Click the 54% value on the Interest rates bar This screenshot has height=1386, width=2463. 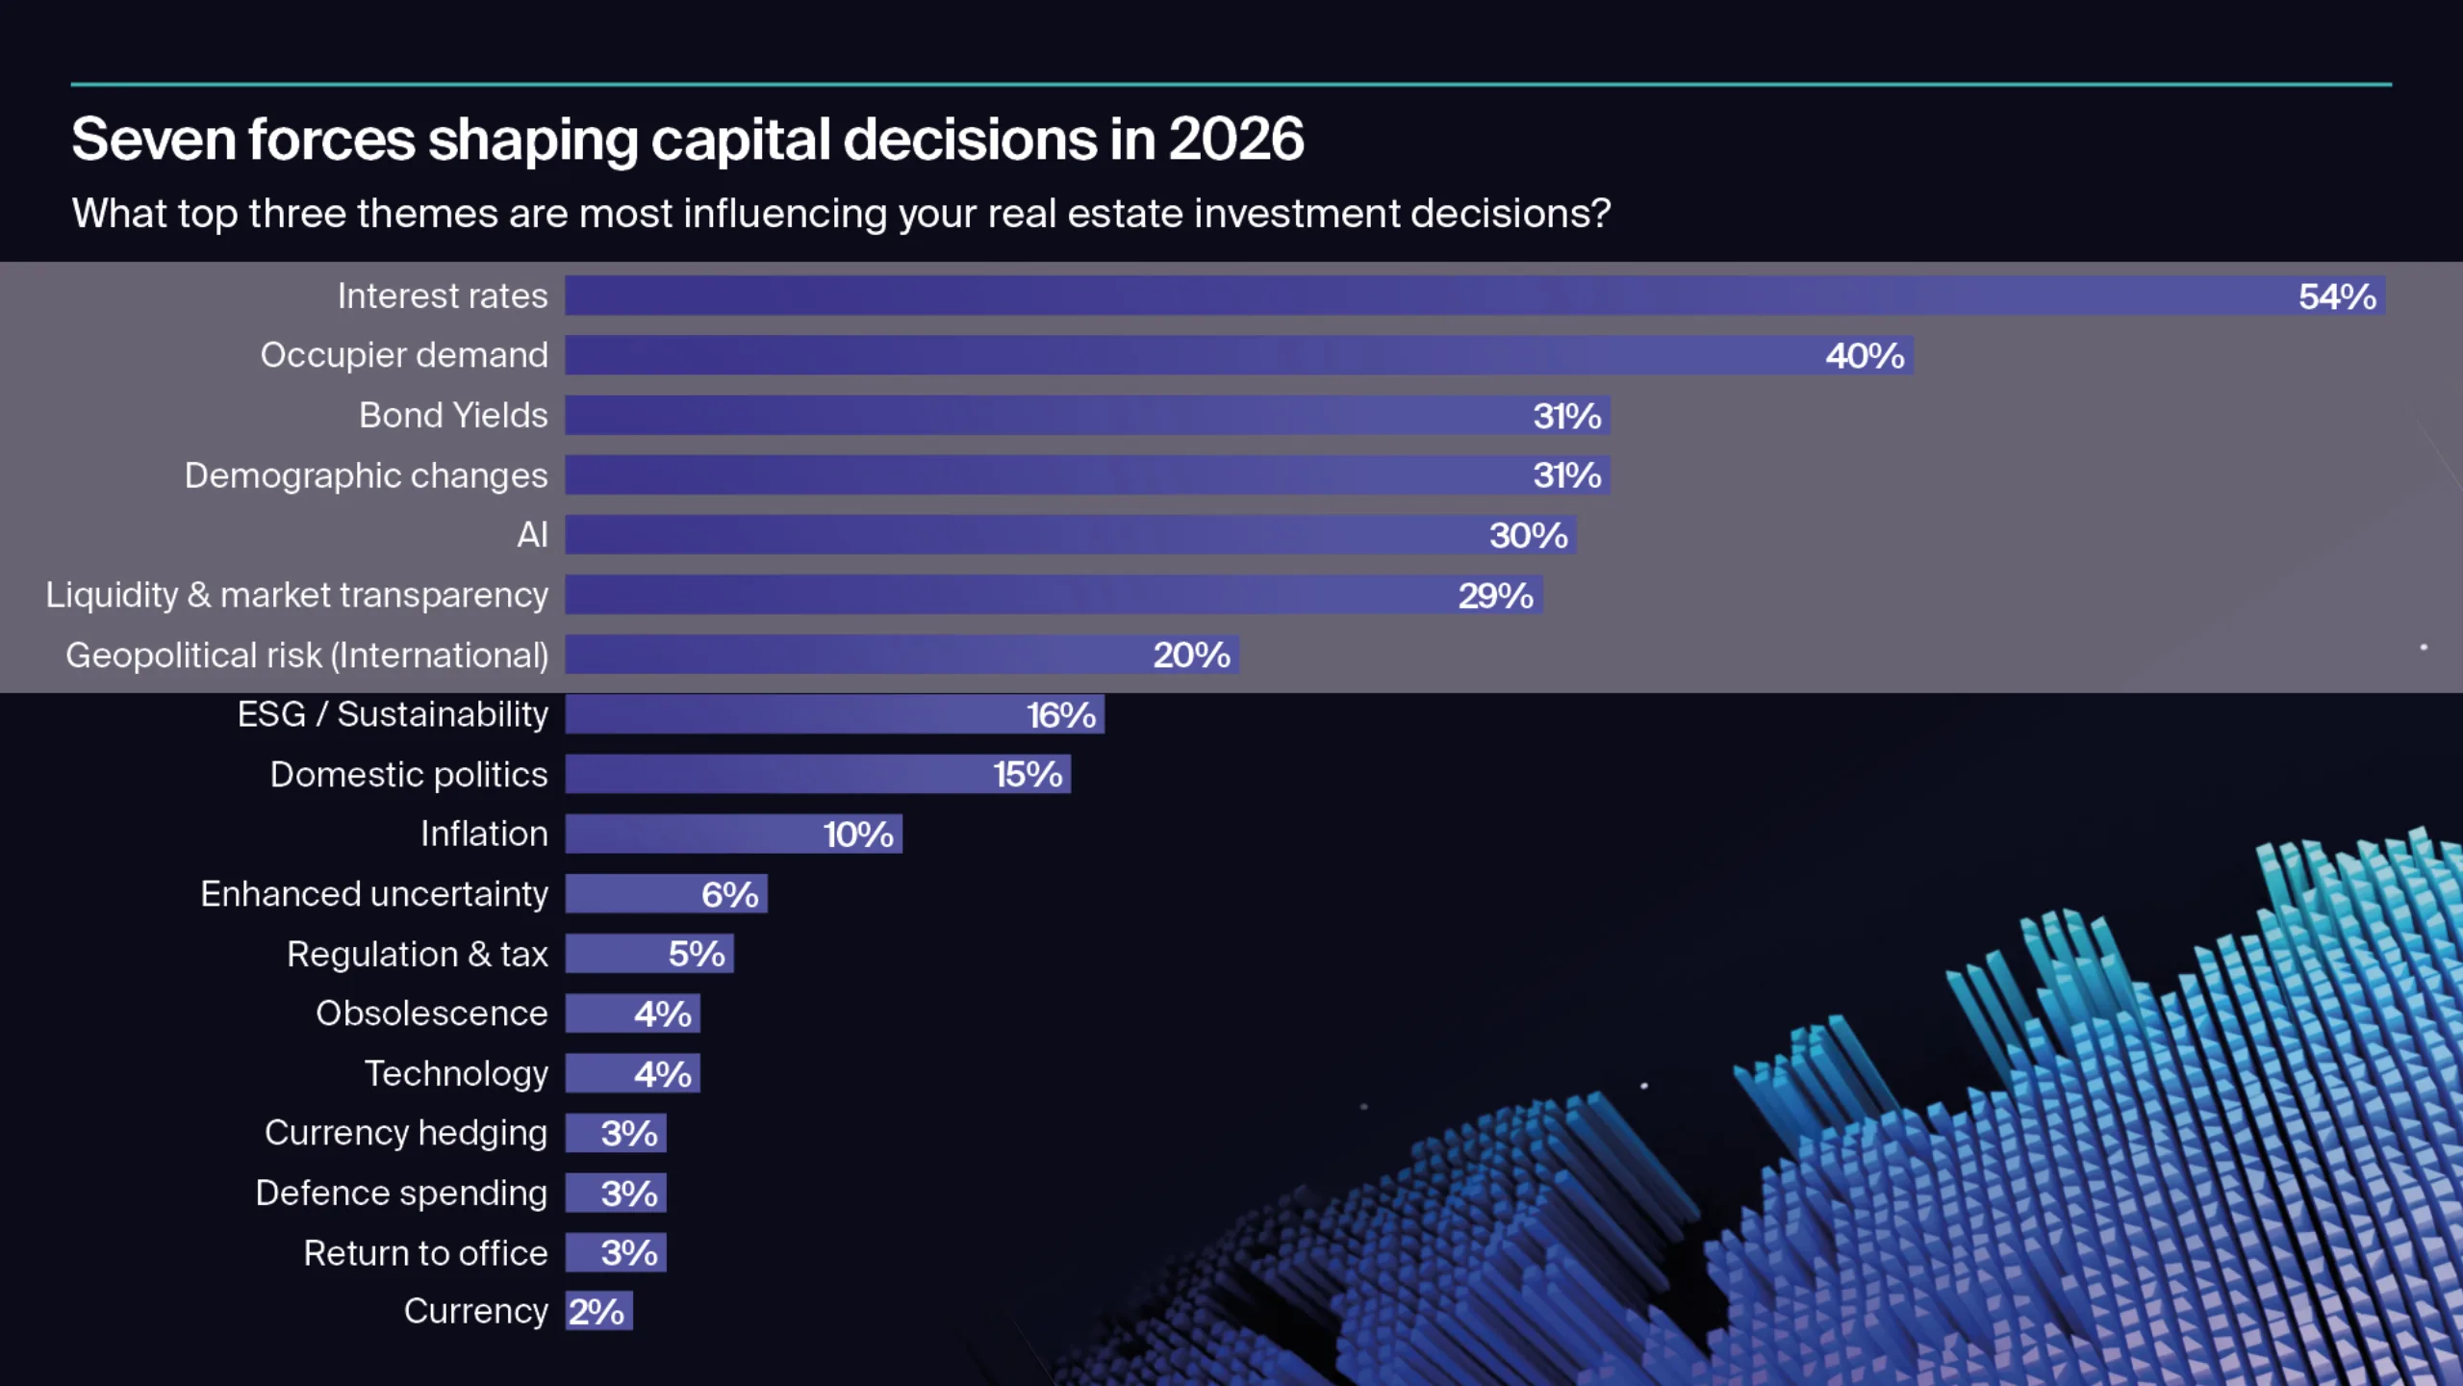point(2336,296)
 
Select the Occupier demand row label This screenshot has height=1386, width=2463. point(404,355)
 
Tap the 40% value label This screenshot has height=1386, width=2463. point(1864,356)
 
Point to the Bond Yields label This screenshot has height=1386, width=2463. point(453,415)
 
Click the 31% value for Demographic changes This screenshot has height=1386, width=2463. point(1566,475)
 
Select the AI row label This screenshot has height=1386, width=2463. point(532,535)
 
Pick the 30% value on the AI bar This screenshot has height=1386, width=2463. point(1528,535)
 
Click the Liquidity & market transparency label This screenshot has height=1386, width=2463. point(296,595)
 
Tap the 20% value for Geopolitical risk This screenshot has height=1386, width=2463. point(1191,655)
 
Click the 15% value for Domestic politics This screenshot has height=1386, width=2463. point(1027,775)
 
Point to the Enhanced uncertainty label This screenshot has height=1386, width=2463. point(374,894)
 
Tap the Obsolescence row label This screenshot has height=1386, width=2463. point(431,1014)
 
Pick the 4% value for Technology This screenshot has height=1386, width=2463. point(662,1074)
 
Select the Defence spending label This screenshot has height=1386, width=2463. point(401,1193)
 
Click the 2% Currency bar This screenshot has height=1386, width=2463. point(597,1312)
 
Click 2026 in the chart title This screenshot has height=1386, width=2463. point(1235,140)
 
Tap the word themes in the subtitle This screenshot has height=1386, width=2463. point(427,214)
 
